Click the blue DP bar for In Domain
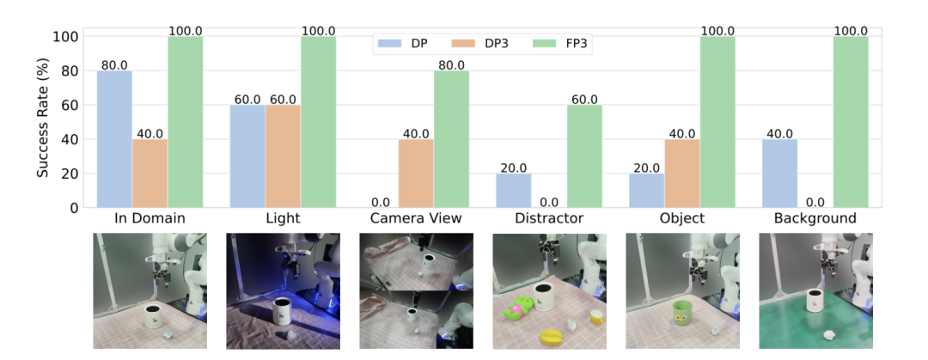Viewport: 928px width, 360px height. (x=114, y=139)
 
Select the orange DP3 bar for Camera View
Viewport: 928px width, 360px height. (x=416, y=174)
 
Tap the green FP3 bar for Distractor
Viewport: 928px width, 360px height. (x=585, y=156)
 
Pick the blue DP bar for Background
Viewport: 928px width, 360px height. (x=779, y=174)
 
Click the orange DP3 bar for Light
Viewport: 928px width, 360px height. (x=283, y=156)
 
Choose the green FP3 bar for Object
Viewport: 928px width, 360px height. (x=717, y=122)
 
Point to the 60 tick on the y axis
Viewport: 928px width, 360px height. (x=71, y=106)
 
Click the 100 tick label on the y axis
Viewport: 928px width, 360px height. (x=68, y=37)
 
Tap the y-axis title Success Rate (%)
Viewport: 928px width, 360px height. (x=42, y=122)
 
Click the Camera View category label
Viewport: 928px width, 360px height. (x=416, y=218)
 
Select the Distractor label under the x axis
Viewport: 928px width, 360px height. (x=549, y=218)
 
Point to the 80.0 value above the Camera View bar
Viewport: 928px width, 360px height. (x=452, y=65)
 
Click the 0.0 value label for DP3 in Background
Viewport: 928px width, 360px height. (x=815, y=202)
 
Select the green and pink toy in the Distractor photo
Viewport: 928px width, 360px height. (x=519, y=308)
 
